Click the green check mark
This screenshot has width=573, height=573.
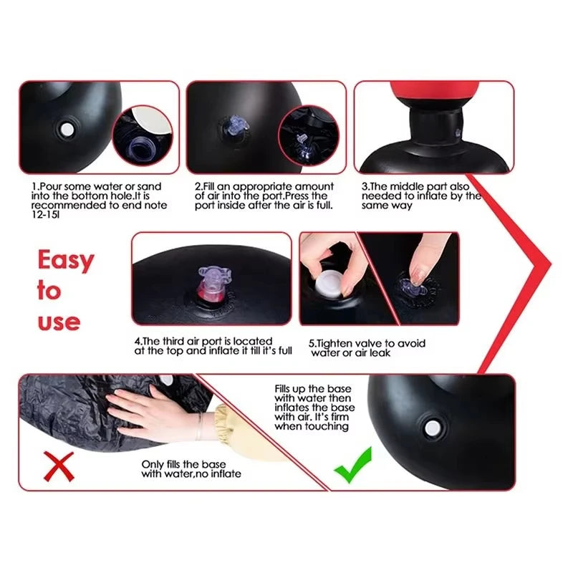[354, 465]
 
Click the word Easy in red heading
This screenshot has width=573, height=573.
[65, 260]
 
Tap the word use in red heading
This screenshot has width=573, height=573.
[58, 322]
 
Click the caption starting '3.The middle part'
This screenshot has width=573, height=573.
[420, 196]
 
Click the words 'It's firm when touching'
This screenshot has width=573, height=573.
[312, 421]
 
